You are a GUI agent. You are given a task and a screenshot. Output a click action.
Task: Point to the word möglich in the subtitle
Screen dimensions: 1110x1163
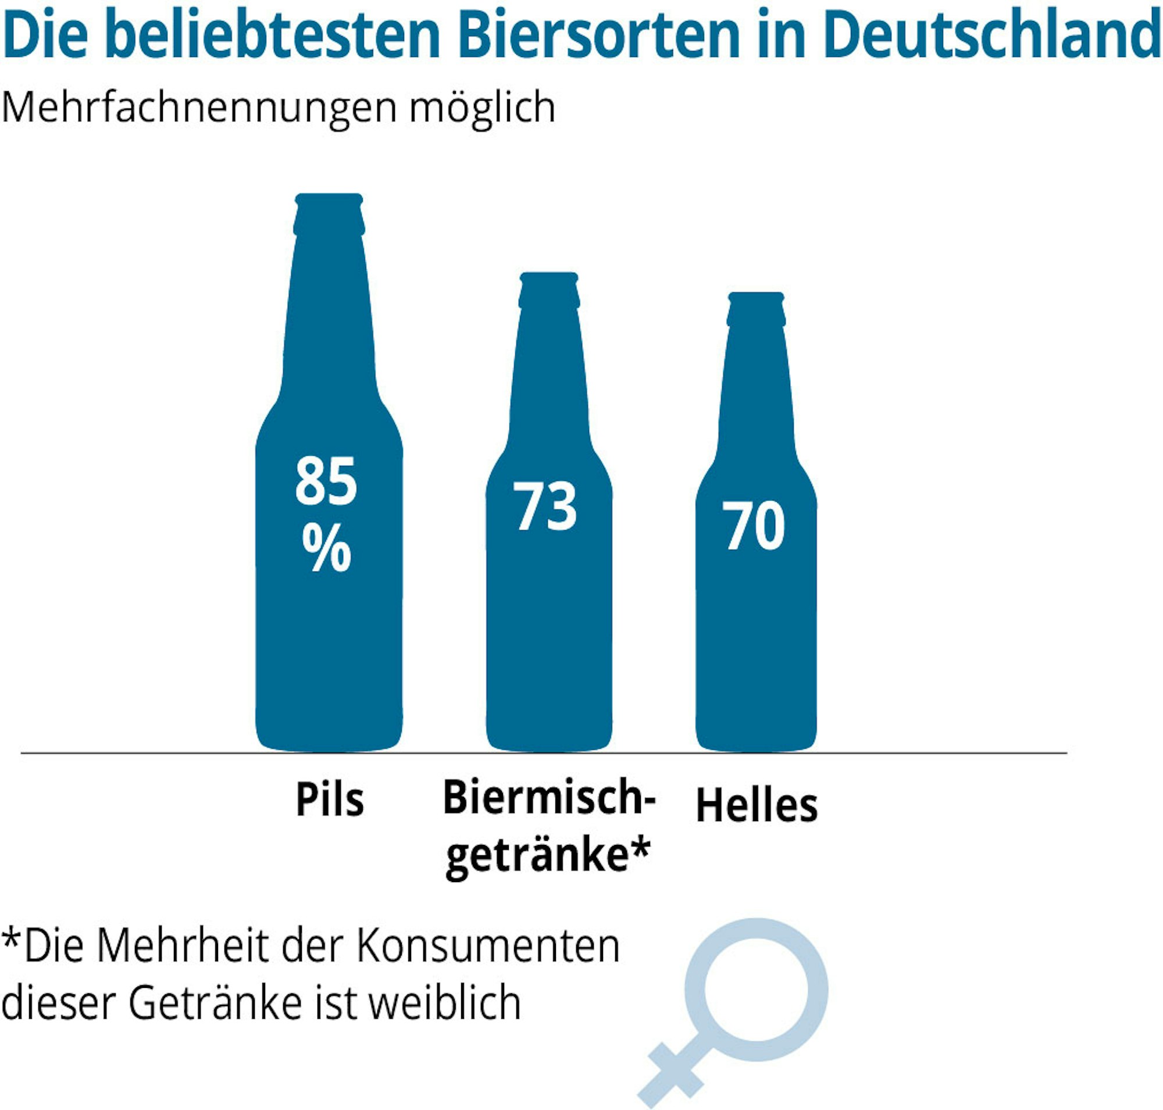tap(483, 108)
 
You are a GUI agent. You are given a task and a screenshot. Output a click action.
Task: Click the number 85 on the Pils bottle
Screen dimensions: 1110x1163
tap(326, 482)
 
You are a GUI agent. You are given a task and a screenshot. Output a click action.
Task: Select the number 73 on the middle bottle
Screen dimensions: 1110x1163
tap(544, 506)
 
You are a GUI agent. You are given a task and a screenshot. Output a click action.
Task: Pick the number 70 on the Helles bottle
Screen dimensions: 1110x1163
tap(754, 526)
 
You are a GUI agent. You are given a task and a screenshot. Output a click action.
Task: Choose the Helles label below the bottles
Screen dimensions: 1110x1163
tap(757, 806)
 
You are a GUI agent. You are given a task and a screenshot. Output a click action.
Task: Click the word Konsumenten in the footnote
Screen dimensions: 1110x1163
tap(488, 947)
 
